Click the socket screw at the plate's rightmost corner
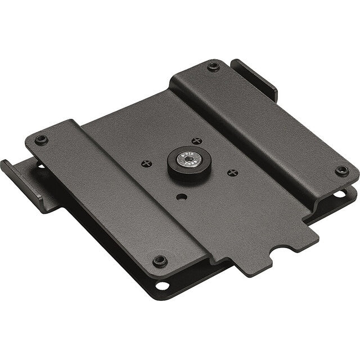[339, 171]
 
